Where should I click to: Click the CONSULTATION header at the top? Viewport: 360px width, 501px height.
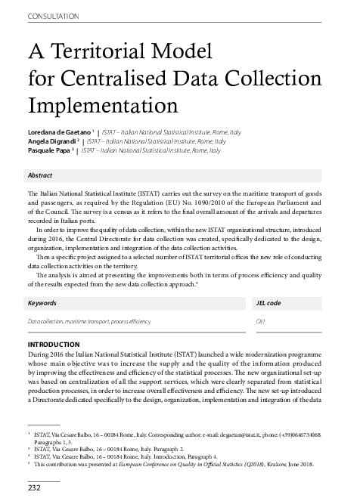(54, 16)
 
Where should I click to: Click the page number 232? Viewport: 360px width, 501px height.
(34, 488)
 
